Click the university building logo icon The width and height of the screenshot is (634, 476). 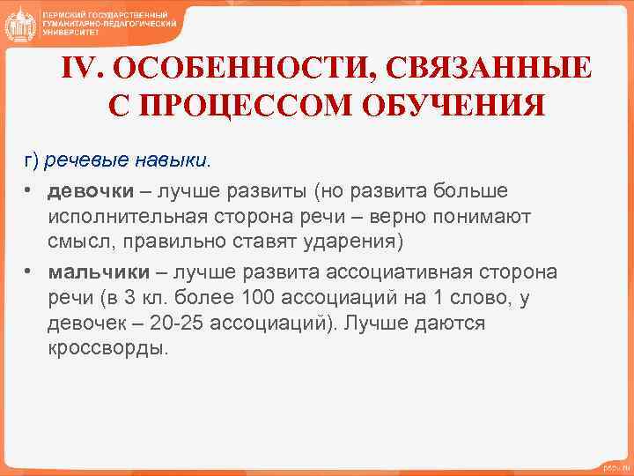point(19,23)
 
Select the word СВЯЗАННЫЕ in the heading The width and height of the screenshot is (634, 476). point(480,70)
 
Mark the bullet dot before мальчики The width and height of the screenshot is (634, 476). point(29,271)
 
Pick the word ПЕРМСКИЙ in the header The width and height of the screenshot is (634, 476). point(70,15)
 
